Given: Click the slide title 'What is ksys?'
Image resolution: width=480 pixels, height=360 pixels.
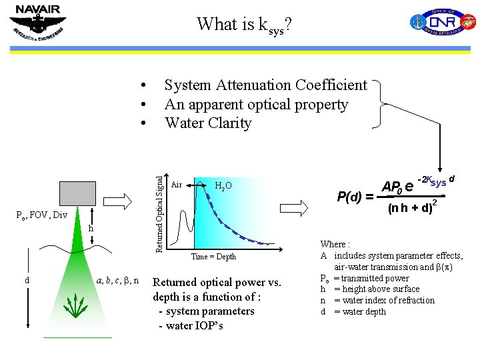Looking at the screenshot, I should point(244,25).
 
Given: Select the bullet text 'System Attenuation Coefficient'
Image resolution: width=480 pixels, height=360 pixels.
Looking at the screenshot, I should point(265,85).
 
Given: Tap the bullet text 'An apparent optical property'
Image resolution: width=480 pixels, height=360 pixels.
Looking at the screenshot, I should point(256,105).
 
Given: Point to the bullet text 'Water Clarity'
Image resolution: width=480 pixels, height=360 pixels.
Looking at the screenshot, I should point(208,123).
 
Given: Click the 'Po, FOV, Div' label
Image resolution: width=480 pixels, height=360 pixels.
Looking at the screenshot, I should point(41,215).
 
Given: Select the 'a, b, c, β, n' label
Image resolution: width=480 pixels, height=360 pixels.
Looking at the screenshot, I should point(117,280).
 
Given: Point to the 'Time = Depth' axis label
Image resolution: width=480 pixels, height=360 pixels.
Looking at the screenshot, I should point(213,257).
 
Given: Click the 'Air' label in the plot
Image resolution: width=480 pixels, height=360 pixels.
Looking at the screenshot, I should point(177,185).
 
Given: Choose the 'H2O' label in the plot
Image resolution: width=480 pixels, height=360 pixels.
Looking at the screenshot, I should point(223,186).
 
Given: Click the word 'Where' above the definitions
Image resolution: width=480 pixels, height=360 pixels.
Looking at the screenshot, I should point(334,245).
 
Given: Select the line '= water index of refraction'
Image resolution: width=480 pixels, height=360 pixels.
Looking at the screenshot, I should point(384,300).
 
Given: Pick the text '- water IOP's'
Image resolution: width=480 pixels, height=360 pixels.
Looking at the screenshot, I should point(191,325).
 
